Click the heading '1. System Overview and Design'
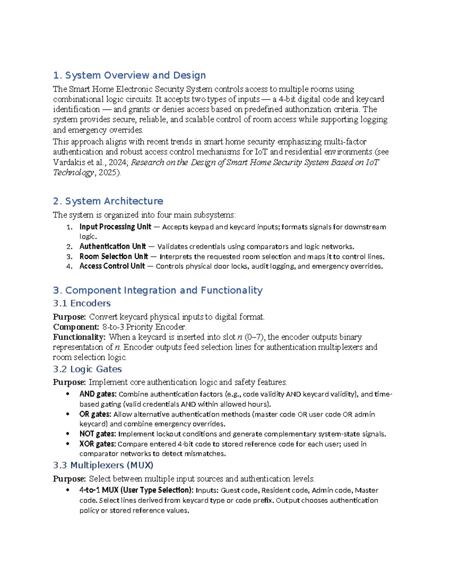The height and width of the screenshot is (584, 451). [129, 75]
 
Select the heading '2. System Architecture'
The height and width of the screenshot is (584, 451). [108, 201]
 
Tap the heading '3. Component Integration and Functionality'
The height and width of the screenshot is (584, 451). [157, 290]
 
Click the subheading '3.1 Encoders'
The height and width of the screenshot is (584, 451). [82, 303]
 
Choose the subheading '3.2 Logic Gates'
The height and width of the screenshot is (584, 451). [87, 369]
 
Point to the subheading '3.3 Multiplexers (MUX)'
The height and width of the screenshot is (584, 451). [103, 466]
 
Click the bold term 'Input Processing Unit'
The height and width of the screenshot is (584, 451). [115, 227]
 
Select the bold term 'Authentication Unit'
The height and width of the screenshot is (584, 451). [112, 247]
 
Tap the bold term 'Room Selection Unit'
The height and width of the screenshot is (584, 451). [114, 256]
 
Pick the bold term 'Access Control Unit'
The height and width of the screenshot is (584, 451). [112, 266]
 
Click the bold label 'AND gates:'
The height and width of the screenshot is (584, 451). [98, 394]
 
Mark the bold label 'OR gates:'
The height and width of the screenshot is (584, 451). [95, 414]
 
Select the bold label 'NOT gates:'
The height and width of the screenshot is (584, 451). [97, 434]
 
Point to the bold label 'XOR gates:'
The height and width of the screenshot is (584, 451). [97, 444]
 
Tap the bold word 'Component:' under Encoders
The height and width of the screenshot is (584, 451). [76, 327]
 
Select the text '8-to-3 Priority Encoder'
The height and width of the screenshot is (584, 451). [144, 327]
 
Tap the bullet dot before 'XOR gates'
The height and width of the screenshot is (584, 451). [68, 444]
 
